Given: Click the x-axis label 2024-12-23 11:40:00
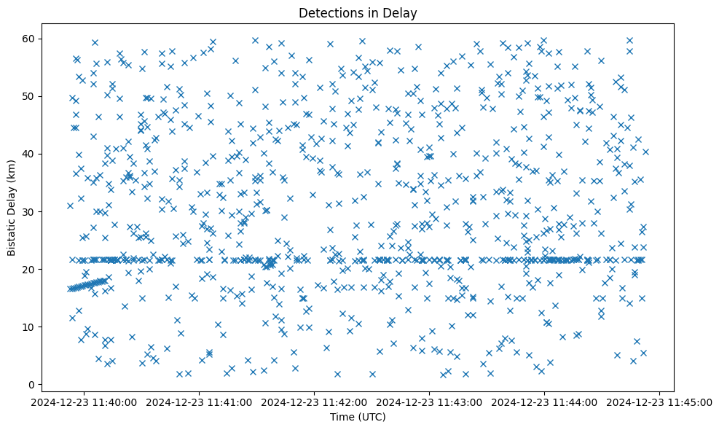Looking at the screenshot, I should (x=85, y=402).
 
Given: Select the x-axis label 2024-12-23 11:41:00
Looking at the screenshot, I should (x=200, y=402).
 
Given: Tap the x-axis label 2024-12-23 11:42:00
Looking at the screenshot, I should (x=315, y=402).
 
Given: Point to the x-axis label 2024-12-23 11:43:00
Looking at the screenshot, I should (x=430, y=402).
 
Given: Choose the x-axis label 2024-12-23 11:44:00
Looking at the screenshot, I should (x=545, y=402).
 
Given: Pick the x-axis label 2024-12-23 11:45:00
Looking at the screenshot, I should (x=660, y=402).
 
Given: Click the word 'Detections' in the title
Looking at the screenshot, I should (x=326, y=12).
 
